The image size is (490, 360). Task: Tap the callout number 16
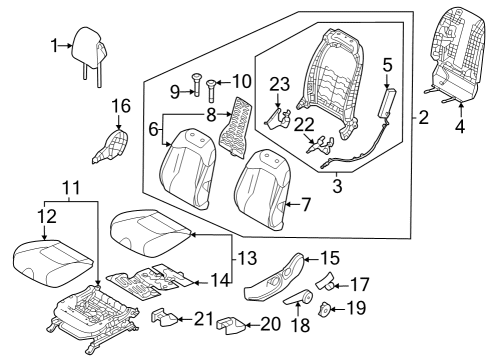[x=121, y=106]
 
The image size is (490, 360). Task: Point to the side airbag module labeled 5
[x=387, y=102]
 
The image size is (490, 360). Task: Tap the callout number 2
[x=423, y=118]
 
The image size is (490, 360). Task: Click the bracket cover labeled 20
[x=236, y=325]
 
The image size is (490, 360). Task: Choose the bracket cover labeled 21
[x=165, y=319]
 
